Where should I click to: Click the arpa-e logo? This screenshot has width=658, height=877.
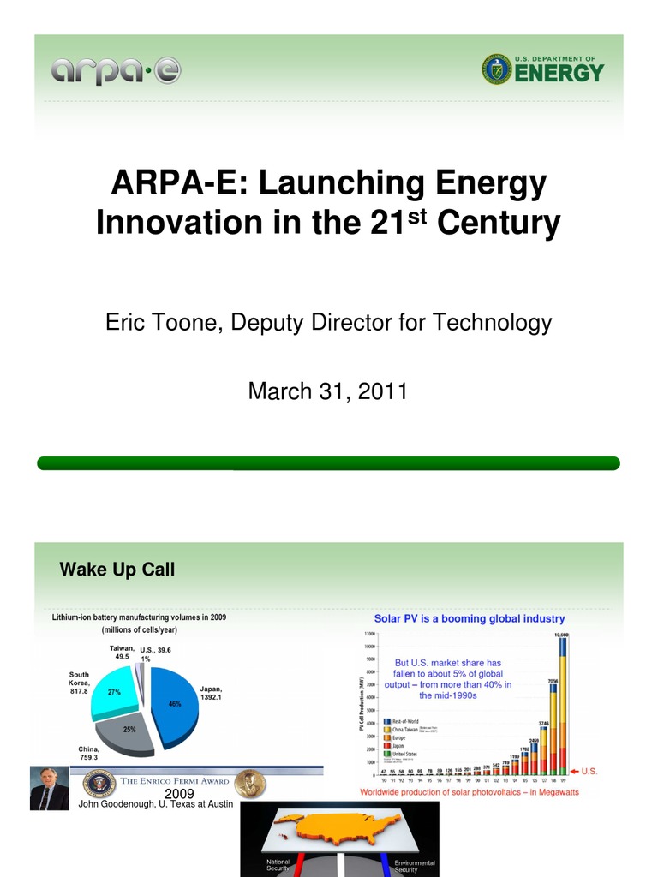pyautogui.click(x=116, y=72)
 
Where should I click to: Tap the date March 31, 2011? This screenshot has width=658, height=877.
pyautogui.click(x=328, y=391)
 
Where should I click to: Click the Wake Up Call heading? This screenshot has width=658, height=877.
pyautogui.click(x=117, y=570)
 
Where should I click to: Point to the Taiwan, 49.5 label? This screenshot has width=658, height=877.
pyautogui.click(x=122, y=653)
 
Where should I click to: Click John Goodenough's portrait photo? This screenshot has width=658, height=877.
pyautogui.click(x=49, y=788)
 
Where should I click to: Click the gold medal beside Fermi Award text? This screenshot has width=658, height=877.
pyautogui.click(x=249, y=782)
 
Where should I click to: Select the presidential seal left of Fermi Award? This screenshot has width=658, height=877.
pyautogui.click(x=99, y=782)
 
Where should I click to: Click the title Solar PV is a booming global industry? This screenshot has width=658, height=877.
pyautogui.click(x=470, y=618)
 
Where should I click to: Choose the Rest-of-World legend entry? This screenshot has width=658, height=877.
pyautogui.click(x=407, y=721)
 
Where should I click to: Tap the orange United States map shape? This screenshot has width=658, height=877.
pyautogui.click(x=338, y=826)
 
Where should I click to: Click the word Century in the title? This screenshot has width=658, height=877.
pyautogui.click(x=499, y=223)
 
